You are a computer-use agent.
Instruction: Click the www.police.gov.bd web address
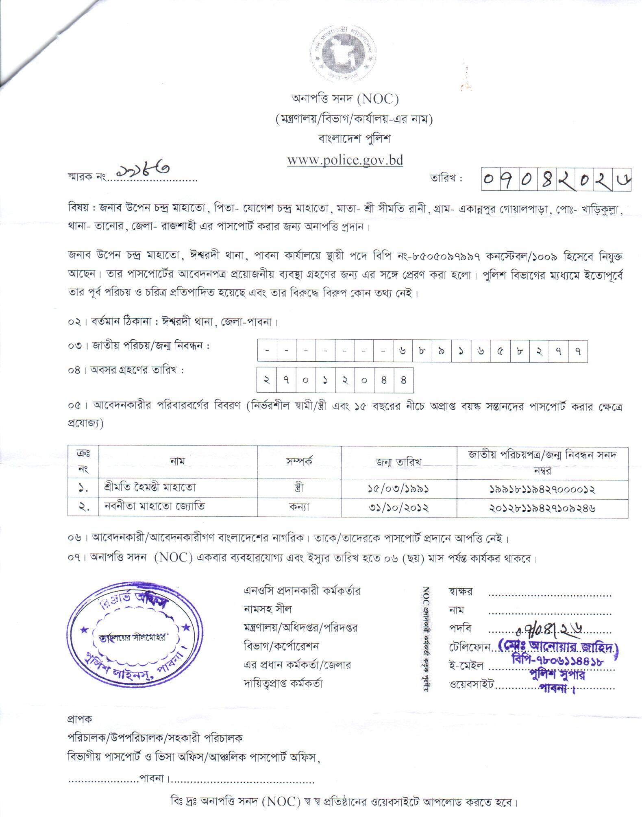[x=345, y=160]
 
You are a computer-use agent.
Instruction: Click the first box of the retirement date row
[x=266, y=380]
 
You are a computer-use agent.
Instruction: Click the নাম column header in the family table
[x=178, y=461]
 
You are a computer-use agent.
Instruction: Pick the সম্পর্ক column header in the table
[x=299, y=461]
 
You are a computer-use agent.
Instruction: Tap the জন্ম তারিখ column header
[x=398, y=462]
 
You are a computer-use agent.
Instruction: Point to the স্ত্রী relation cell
[x=299, y=487]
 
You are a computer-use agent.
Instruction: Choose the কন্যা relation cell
[x=299, y=507]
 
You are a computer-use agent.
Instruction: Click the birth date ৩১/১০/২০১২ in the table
[x=398, y=507]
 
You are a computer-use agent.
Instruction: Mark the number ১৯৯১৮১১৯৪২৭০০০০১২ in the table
[x=542, y=489]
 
